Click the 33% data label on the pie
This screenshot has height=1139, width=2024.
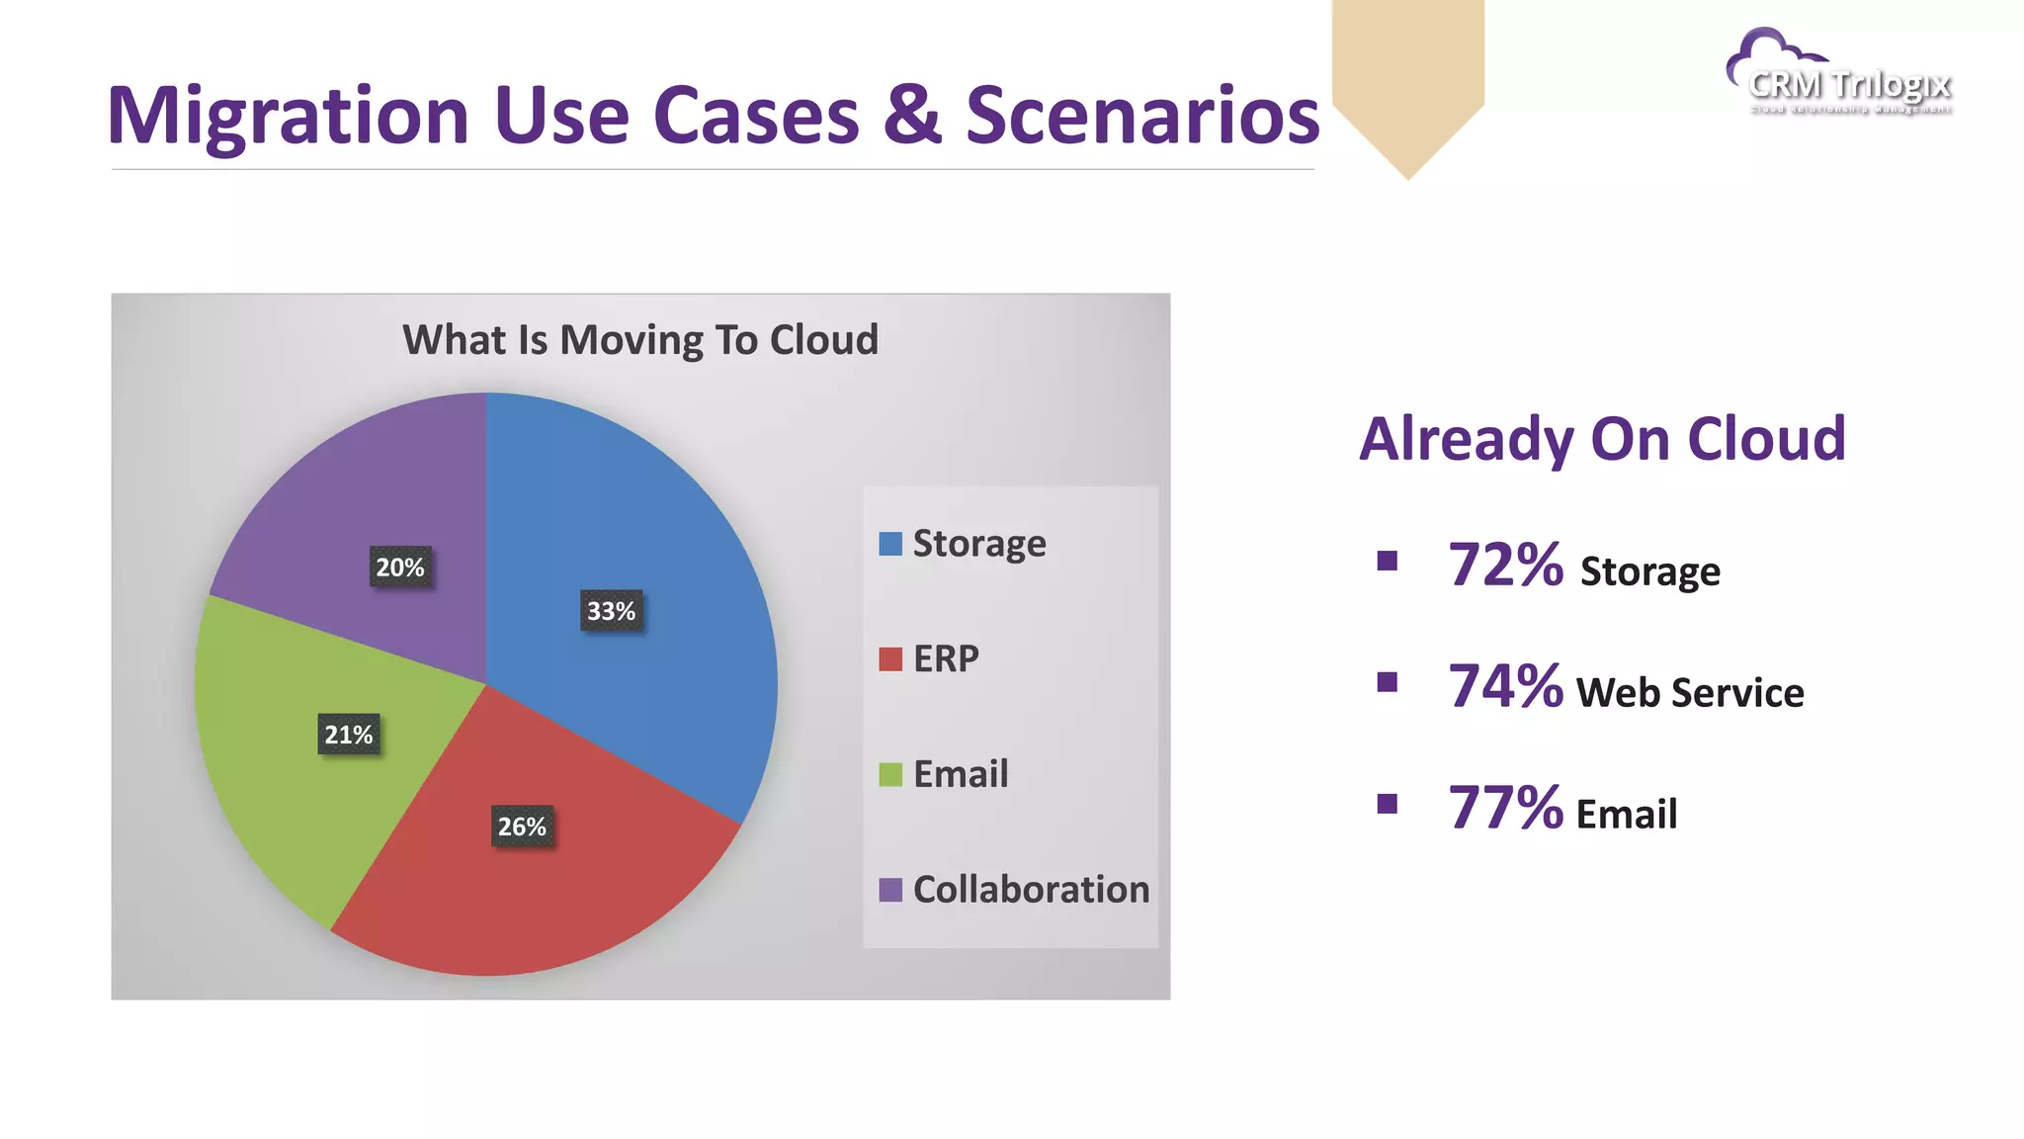point(611,611)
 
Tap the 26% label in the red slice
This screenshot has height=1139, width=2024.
point(522,827)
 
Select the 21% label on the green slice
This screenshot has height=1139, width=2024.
point(349,735)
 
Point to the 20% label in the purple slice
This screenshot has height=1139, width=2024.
point(400,568)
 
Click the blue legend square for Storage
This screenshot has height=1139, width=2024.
point(890,544)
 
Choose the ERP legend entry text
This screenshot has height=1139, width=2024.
point(946,658)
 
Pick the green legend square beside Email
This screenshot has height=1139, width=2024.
point(890,774)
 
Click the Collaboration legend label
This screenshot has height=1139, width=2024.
point(1031,890)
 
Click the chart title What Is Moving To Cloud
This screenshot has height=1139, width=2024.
point(640,340)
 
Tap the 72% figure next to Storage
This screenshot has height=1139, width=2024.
point(1505,567)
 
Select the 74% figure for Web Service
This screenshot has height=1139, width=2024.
point(1505,687)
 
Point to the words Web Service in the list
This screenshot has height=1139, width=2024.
point(1690,693)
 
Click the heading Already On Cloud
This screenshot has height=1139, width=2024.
point(1602,439)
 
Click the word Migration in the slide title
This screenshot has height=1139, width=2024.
point(288,117)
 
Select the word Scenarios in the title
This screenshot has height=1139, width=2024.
point(1142,115)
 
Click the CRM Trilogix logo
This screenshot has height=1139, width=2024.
point(1840,75)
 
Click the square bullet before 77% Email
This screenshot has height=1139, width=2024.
point(1388,804)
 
